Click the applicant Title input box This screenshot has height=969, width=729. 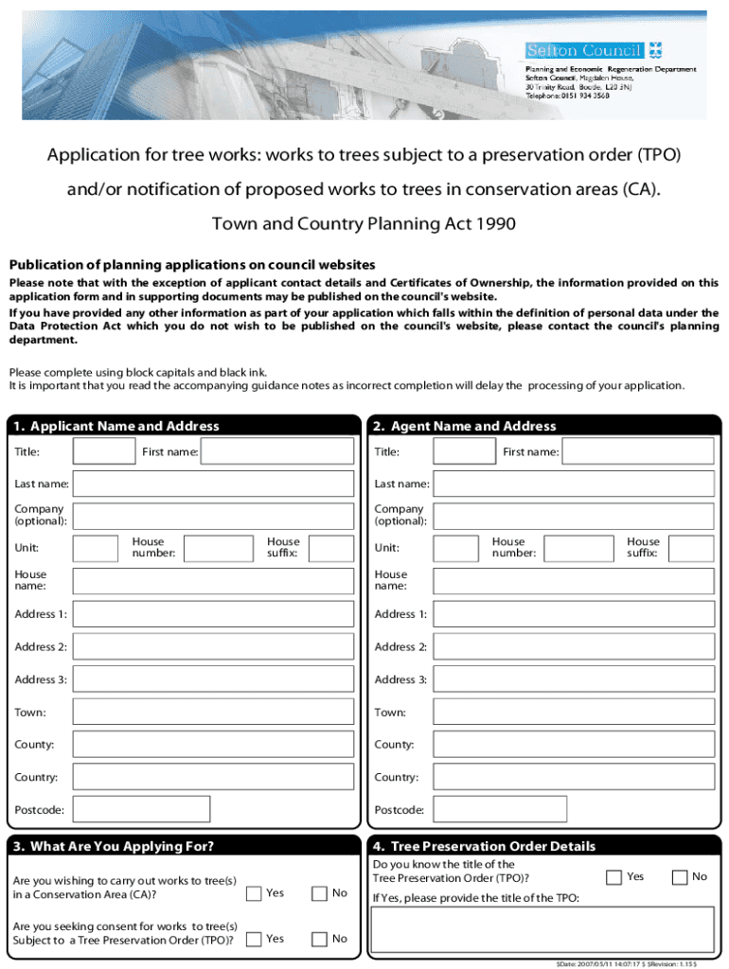point(104,451)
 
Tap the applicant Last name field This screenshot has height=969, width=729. point(217,484)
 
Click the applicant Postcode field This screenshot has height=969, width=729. point(142,809)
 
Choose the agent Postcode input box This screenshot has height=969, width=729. point(500,809)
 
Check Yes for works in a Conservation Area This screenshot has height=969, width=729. point(254,893)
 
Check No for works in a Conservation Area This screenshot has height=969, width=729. point(320,893)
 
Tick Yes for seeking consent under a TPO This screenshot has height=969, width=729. point(254,939)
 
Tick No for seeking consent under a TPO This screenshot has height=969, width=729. point(320,939)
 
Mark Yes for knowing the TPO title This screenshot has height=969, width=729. point(614,877)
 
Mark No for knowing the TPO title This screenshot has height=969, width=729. point(680,877)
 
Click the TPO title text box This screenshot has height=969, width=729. point(542,930)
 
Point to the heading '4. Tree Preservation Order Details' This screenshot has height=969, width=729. point(485,846)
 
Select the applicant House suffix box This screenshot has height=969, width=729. point(330,548)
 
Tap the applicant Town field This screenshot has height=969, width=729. point(217,712)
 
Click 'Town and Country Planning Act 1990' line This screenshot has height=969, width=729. point(364,223)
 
